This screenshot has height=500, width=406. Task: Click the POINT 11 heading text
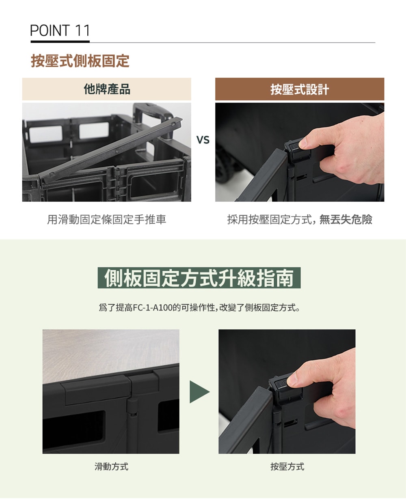tap(60, 30)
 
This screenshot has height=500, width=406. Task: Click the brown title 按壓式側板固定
tap(80, 61)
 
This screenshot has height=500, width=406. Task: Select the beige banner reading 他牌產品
tap(106, 89)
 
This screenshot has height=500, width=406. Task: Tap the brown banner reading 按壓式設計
tap(300, 89)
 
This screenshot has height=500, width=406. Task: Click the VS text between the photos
tap(203, 140)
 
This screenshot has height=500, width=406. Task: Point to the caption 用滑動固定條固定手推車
tap(106, 220)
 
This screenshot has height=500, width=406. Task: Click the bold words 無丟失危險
tap(346, 220)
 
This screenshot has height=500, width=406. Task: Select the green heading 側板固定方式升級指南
tap(199, 278)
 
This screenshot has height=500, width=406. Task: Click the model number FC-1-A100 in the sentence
tap(153, 307)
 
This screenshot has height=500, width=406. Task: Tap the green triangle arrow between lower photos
tap(199, 392)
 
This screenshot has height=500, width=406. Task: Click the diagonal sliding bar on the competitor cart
tap(110, 150)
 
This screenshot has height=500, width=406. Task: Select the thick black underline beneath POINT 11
tap(60, 42)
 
